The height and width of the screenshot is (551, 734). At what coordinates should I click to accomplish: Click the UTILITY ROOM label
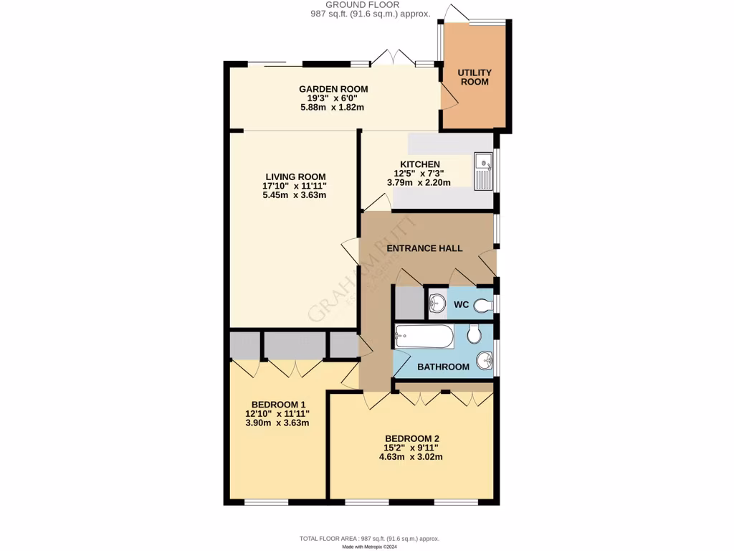click(475, 77)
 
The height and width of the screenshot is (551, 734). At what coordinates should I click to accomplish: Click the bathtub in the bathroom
click(424, 336)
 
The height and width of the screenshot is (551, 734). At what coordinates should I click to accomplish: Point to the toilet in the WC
click(483, 306)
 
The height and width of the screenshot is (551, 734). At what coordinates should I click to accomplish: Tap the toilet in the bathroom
click(474, 334)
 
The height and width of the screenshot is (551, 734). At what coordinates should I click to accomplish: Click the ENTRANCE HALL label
click(424, 248)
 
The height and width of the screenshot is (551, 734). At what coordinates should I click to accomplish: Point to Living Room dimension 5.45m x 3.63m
click(295, 195)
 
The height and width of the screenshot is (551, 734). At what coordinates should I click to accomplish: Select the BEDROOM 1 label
click(277, 404)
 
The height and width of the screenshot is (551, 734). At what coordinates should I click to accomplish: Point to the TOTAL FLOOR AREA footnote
click(369, 538)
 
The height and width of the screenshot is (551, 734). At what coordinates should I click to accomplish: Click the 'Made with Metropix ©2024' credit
click(369, 547)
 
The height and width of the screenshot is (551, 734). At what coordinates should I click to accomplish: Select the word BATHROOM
click(443, 367)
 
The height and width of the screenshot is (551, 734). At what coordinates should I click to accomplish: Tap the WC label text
click(462, 305)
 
